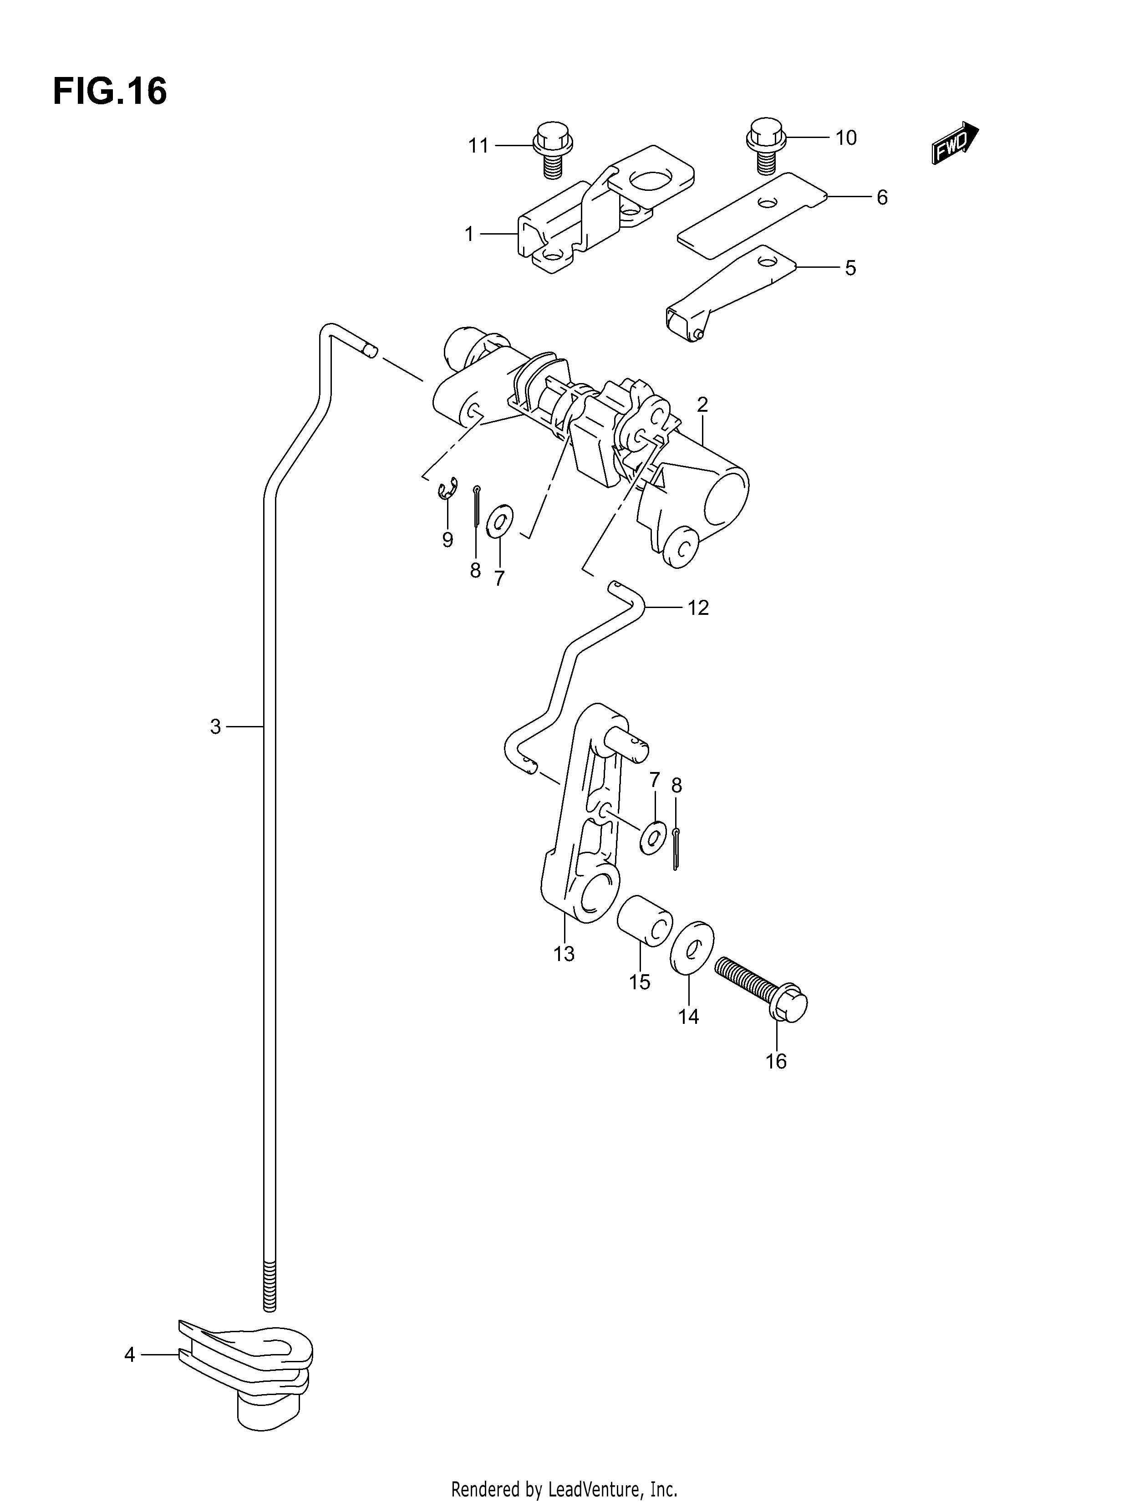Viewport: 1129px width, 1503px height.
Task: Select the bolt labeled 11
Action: click(x=554, y=150)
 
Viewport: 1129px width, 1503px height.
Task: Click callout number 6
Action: click(x=882, y=198)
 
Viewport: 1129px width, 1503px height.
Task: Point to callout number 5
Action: click(x=850, y=268)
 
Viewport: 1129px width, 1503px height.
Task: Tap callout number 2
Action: click(x=702, y=405)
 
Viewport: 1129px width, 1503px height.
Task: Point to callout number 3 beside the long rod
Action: click(x=215, y=727)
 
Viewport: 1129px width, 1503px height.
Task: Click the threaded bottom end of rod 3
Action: click(x=270, y=1285)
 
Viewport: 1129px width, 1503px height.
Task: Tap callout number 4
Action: click(x=130, y=1355)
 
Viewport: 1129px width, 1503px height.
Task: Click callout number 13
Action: click(x=564, y=954)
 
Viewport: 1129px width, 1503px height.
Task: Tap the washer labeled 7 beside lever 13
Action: click(x=653, y=837)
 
